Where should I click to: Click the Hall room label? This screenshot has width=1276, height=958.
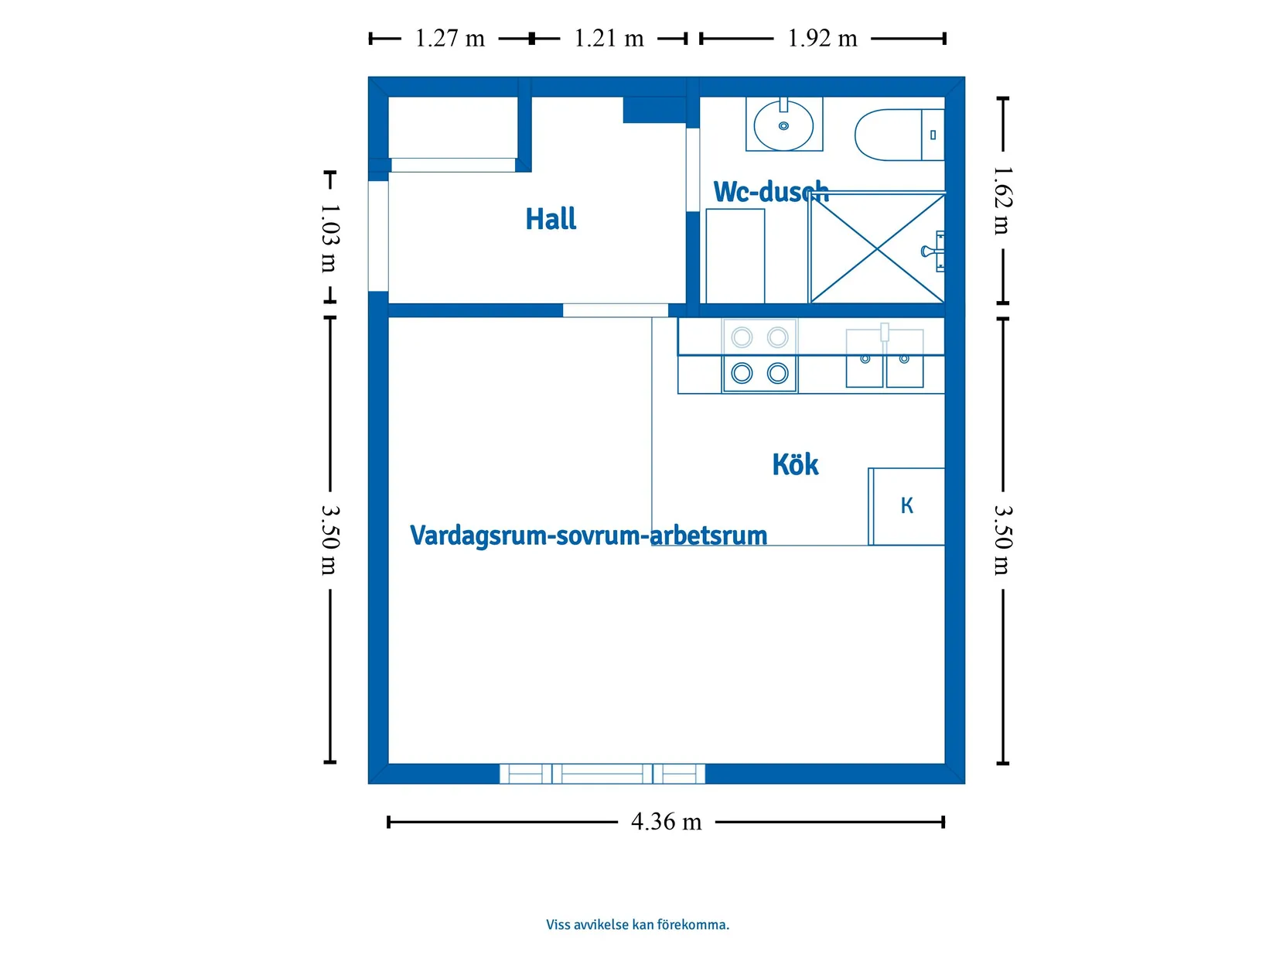coord(551,219)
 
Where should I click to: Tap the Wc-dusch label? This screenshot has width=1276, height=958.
coord(771,191)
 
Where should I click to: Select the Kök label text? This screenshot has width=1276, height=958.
coord(795,464)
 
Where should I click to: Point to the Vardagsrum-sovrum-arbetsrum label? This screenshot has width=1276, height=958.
coord(589,535)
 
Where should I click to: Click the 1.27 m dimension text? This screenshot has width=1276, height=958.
coord(449,39)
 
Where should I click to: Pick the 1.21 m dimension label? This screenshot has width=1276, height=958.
coord(609,39)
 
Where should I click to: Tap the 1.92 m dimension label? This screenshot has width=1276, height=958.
coord(822,39)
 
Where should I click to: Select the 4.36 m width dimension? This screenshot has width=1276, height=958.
coord(666,822)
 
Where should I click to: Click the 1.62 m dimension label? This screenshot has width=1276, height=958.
coord(1003,200)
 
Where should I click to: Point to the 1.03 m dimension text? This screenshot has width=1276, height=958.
coord(329,238)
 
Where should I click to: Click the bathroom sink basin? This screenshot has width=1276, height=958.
coord(783,125)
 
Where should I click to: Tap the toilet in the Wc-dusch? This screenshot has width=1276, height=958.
coord(899,135)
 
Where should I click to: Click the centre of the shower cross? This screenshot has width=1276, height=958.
coord(877,249)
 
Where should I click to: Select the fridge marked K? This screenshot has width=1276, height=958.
coord(906,507)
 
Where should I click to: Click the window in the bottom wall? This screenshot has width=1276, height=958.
coord(602,774)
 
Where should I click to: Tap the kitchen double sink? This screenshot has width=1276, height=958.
coord(884,358)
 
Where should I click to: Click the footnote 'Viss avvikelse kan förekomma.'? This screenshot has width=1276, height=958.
coord(637,925)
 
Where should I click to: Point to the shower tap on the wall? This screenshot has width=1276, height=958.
coord(933,251)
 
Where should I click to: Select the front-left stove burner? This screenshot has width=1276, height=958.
coord(742,373)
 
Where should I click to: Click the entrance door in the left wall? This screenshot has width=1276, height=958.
coord(378,235)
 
